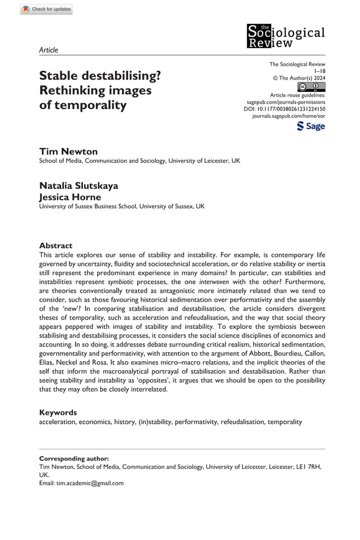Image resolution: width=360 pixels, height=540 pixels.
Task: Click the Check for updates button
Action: coord(47,9)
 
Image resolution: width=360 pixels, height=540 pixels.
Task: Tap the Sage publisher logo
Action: coord(310,126)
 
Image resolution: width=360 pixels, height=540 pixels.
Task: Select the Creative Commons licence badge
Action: coord(311,87)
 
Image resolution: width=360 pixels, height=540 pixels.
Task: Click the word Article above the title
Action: coord(49,50)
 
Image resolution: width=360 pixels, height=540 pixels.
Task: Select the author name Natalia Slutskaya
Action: coord(78,186)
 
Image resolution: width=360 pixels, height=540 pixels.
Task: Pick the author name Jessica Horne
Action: coord(71,197)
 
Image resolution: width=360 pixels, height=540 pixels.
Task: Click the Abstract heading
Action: coord(56,246)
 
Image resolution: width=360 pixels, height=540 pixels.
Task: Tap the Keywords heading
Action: coord(58,412)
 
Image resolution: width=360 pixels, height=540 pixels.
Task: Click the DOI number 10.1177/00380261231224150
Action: coord(293,108)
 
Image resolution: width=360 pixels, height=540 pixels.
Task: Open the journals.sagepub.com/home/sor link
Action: coord(288,116)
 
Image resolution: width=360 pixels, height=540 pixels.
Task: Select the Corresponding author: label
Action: coord(74,459)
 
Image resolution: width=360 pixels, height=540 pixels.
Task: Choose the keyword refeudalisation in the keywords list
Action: coord(242,422)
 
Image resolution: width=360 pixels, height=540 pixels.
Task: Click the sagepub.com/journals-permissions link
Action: coord(283,102)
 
